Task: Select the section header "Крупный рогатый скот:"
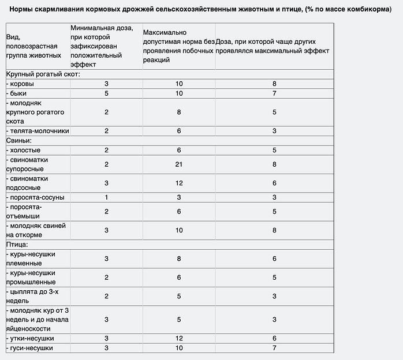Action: pos(43,74)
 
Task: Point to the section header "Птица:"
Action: pos(17,244)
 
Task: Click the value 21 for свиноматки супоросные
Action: pos(179,164)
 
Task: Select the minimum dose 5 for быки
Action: pos(106,93)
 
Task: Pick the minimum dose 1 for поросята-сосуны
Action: pos(106,197)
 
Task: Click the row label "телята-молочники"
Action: pos(39,131)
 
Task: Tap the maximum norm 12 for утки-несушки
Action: pos(179,338)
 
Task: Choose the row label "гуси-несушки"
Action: pos(30,348)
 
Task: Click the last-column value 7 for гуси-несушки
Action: pos(274,348)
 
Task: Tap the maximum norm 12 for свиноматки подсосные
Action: pos(179,183)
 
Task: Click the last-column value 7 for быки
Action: pos(274,93)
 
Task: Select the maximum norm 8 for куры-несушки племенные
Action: pos(179,258)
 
